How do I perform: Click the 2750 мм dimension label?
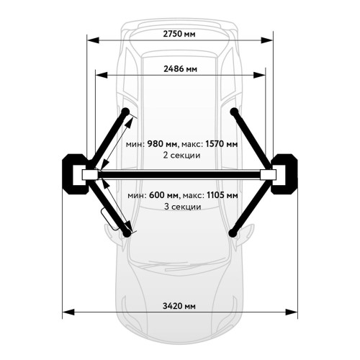(x=179, y=34)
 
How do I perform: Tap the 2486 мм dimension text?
(x=180, y=69)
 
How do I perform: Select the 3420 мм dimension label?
(x=179, y=306)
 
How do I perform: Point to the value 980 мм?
(x=162, y=144)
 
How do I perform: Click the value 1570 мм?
(x=222, y=144)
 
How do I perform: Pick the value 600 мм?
(x=164, y=195)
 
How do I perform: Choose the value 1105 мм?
(x=222, y=195)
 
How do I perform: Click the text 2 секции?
(x=181, y=156)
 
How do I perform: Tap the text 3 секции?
(x=182, y=207)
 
